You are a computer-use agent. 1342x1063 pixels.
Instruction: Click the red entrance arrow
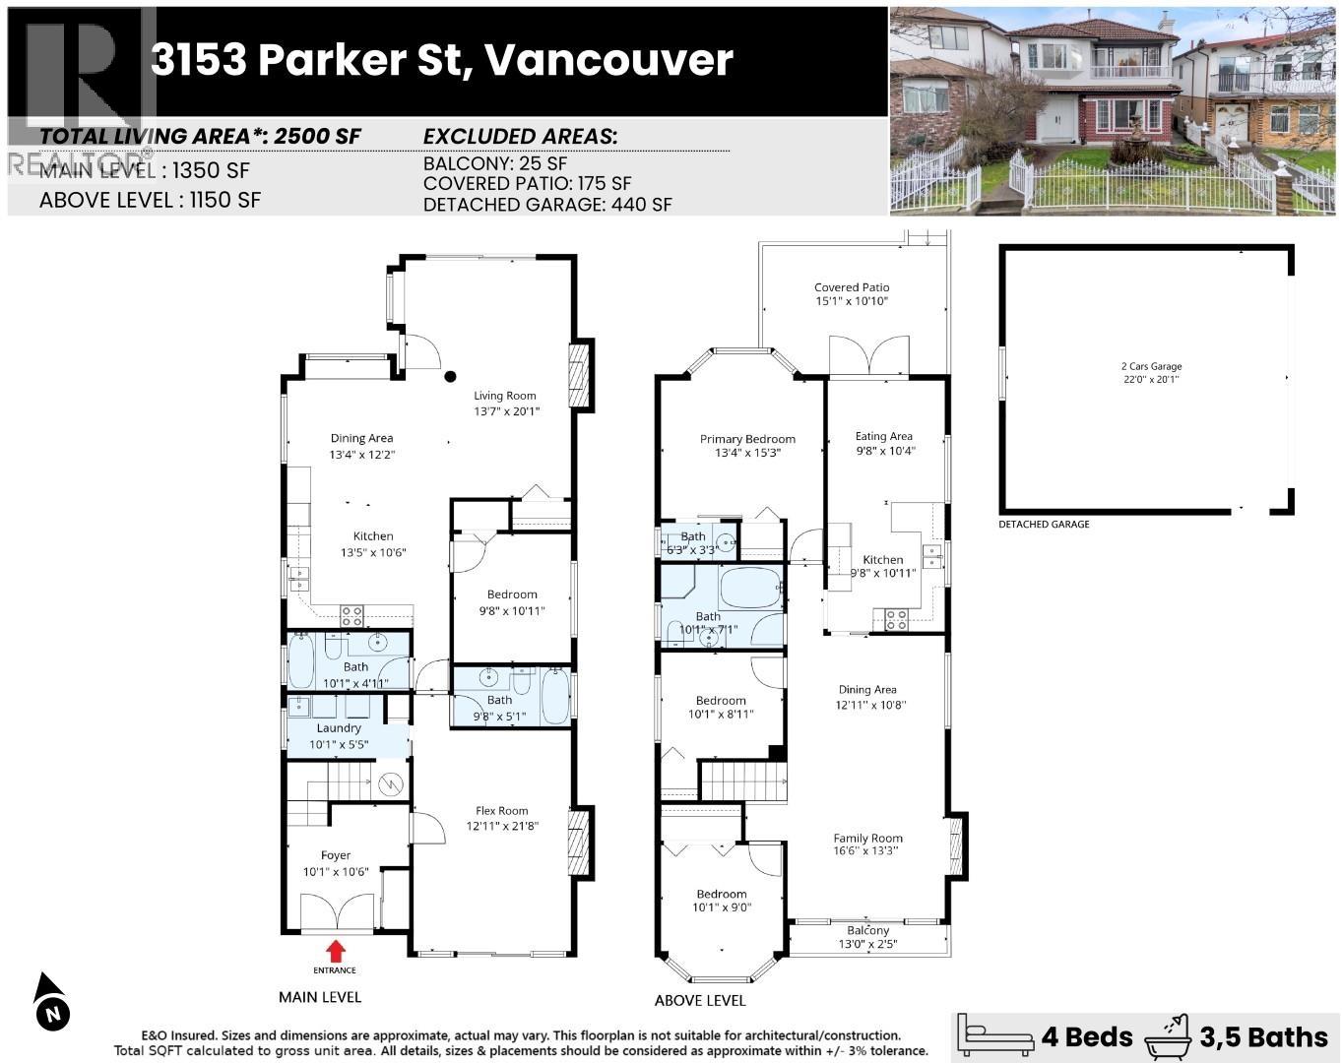click(336, 951)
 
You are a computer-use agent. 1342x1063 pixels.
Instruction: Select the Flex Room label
click(502, 811)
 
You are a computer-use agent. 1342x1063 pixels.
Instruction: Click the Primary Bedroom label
click(747, 439)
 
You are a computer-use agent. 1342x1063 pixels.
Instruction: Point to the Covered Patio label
click(852, 287)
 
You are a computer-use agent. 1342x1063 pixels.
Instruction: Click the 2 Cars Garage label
click(1151, 366)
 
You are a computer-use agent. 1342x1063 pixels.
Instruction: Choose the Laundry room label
click(339, 728)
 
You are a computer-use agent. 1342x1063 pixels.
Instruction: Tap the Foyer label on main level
click(335, 855)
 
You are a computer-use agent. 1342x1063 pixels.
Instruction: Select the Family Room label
click(867, 838)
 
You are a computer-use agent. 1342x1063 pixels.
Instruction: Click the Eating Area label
click(883, 436)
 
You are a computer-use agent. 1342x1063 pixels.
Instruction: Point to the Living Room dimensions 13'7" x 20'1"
click(506, 411)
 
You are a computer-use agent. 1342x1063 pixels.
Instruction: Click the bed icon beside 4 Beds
click(996, 1035)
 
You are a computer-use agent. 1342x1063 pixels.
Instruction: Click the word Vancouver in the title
click(608, 60)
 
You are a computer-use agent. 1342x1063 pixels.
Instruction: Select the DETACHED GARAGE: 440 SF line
click(547, 205)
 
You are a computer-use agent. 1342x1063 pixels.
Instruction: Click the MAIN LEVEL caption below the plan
click(320, 997)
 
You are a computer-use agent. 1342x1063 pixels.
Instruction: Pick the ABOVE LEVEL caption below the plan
click(699, 1000)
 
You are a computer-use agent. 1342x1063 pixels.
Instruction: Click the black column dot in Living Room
click(450, 376)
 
